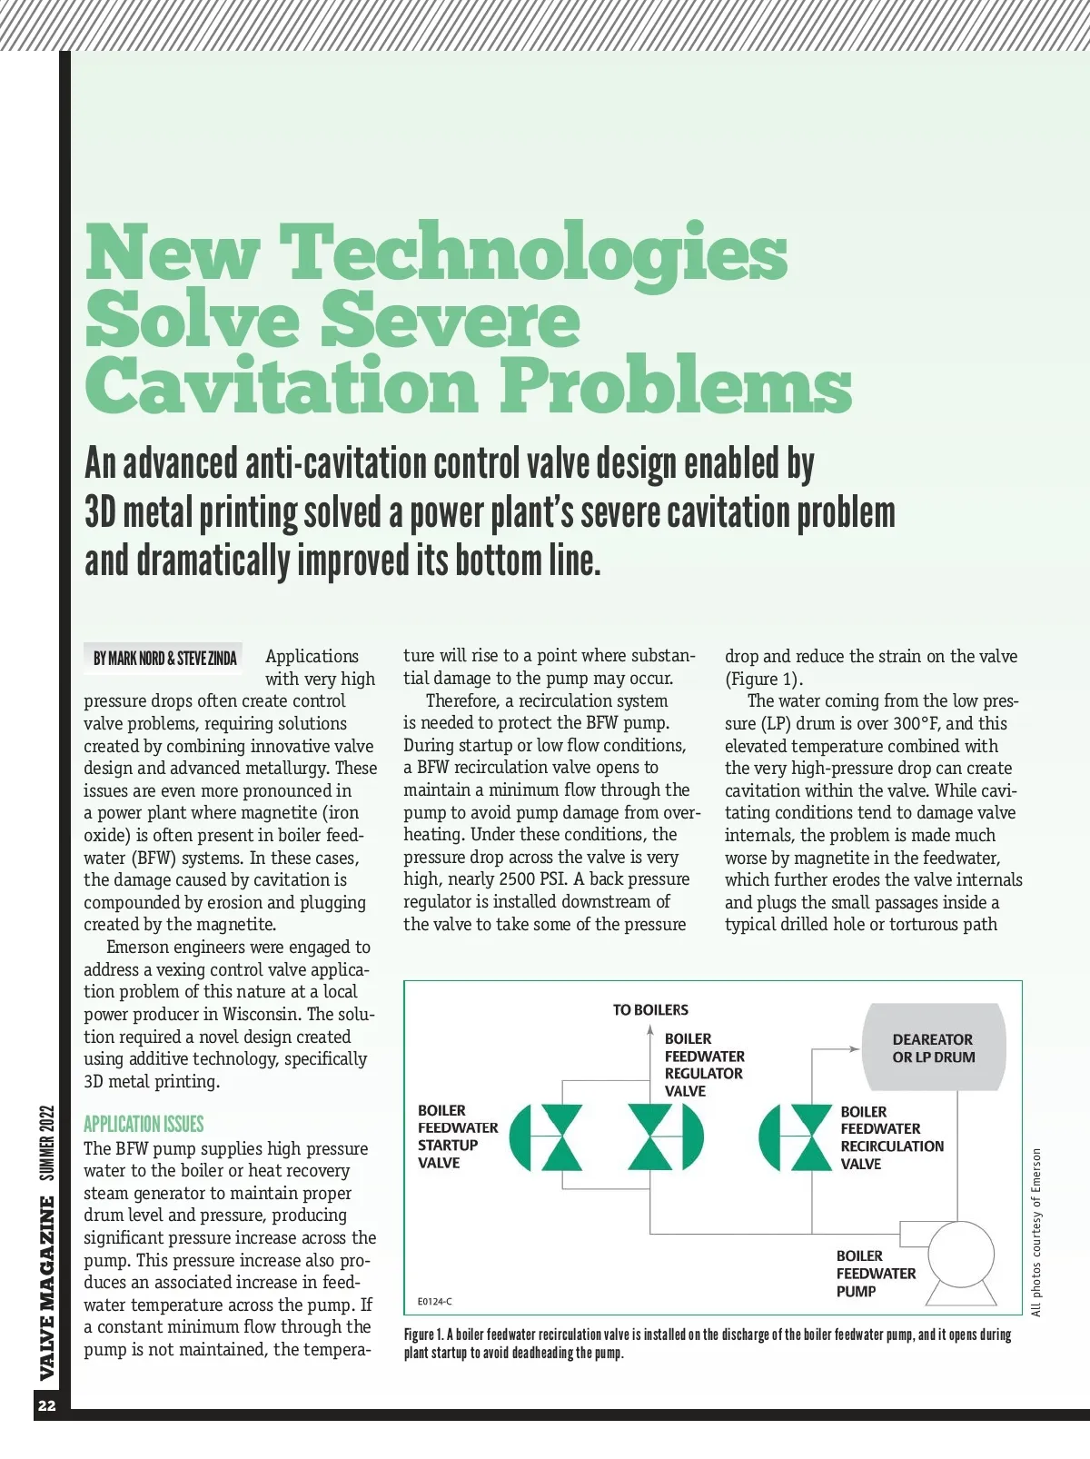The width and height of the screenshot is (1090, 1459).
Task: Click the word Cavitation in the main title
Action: pyautogui.click(x=281, y=385)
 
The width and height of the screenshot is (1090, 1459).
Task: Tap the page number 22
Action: pyautogui.click(x=47, y=1405)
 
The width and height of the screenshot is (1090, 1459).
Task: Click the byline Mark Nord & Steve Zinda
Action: pyautogui.click(x=165, y=658)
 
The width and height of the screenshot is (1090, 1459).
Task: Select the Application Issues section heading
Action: pyautogui.click(x=144, y=1124)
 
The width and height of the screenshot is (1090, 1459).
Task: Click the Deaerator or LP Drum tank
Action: pyautogui.click(x=933, y=1047)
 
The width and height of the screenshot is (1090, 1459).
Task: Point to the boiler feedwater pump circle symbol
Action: pyautogui.click(x=961, y=1256)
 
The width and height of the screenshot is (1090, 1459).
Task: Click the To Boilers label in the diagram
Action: pyautogui.click(x=650, y=1009)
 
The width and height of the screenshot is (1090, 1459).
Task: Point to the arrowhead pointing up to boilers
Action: pyautogui.click(x=650, y=1029)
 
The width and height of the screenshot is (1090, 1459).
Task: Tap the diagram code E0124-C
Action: pyautogui.click(x=435, y=1301)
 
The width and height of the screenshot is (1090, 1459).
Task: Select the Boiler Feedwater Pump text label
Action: pyautogui.click(x=876, y=1274)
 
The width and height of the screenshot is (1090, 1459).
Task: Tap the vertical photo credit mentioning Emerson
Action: pyautogui.click(x=1036, y=1232)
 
